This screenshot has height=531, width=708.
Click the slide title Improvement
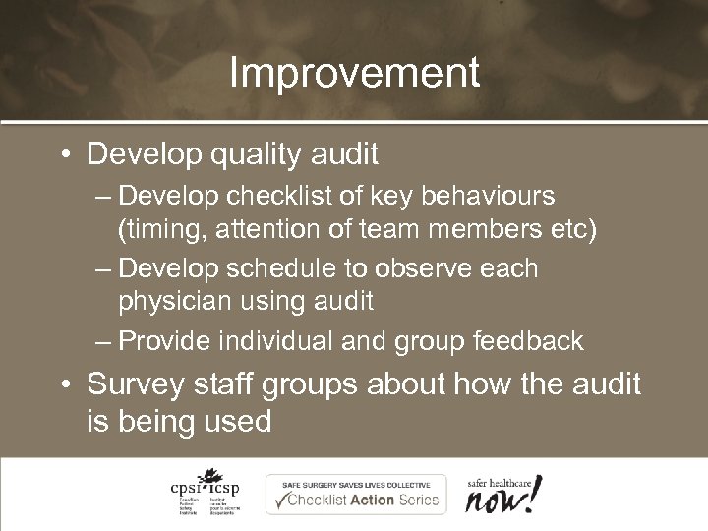354,73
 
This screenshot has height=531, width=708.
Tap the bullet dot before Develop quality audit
65,155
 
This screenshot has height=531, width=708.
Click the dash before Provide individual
104,342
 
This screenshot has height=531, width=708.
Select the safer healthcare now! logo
502,492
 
